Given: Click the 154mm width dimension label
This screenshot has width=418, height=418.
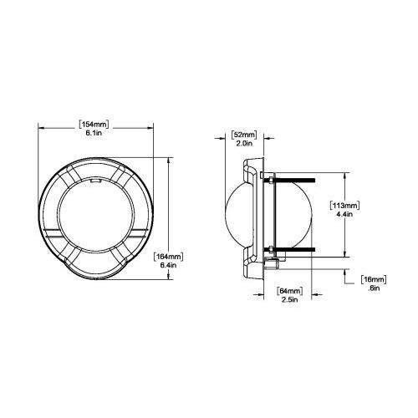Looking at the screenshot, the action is pyautogui.click(x=94, y=124).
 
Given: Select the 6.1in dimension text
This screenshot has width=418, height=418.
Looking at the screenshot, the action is pyautogui.click(x=94, y=133).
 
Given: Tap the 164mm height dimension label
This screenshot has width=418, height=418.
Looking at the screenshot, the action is pyautogui.click(x=169, y=257).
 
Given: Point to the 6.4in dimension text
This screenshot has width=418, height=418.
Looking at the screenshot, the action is pyautogui.click(x=168, y=265).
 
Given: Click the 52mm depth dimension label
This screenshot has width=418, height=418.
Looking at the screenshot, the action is pyautogui.click(x=244, y=135).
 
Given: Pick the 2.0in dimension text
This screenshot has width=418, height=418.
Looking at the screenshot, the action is pyautogui.click(x=244, y=144).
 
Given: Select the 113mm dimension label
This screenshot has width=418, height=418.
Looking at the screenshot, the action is pyautogui.click(x=344, y=206).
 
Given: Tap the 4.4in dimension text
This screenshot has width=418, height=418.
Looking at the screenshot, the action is pyautogui.click(x=344, y=215).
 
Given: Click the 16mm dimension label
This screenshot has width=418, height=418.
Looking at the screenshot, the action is pyautogui.click(x=374, y=279).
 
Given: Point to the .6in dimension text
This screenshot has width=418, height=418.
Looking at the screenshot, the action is pyautogui.click(x=374, y=288).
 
